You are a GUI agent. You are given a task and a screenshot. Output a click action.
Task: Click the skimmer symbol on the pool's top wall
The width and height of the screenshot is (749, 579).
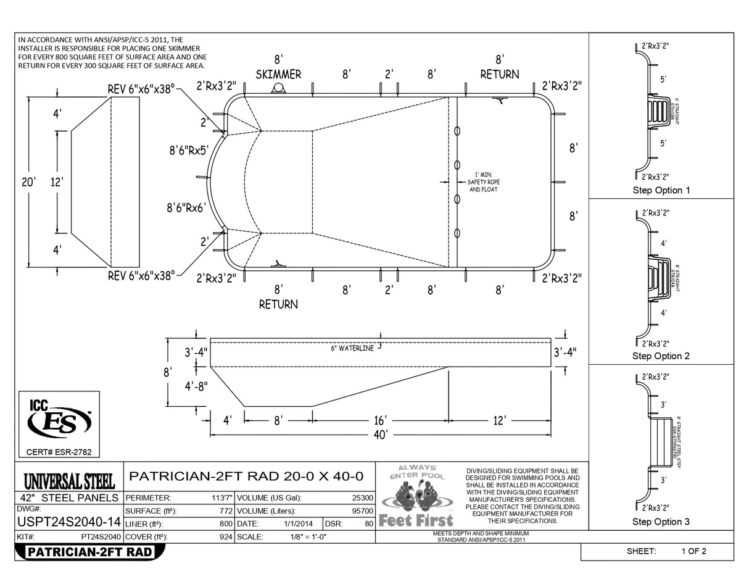(x=278, y=89)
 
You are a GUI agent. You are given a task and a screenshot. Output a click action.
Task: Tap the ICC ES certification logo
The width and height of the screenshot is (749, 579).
(x=59, y=421)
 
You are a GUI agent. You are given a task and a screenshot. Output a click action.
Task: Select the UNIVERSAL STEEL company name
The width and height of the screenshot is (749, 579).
(x=69, y=481)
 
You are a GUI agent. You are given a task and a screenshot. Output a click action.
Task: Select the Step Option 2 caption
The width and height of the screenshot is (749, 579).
(x=661, y=356)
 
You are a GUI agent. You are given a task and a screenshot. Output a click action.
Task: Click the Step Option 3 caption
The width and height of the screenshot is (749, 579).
(x=661, y=522)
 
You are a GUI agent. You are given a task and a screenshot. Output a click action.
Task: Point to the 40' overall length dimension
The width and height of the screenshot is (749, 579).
(x=381, y=435)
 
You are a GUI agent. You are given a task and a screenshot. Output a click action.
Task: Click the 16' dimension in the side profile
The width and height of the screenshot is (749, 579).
(x=381, y=420)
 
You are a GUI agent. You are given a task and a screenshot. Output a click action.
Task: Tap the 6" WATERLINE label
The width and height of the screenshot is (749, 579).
(x=352, y=348)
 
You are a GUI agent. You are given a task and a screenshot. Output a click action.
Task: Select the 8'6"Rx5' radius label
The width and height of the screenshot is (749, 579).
(x=189, y=150)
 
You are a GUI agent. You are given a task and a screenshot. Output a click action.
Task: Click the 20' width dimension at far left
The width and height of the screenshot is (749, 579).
(x=28, y=182)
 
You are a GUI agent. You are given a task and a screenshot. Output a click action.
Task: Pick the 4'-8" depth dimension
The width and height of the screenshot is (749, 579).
(x=196, y=386)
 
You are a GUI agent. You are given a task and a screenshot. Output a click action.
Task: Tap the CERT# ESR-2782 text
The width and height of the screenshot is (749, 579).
(x=59, y=452)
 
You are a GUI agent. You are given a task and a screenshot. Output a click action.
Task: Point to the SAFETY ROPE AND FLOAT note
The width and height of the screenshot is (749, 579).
(x=484, y=182)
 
